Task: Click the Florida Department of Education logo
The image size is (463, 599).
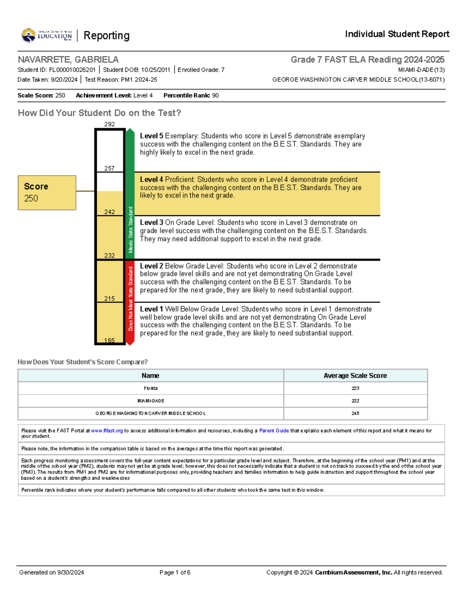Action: [47, 35]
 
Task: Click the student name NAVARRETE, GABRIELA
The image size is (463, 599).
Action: [68, 60]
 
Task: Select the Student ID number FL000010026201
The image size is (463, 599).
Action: [72, 70]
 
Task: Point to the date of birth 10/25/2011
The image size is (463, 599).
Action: [155, 70]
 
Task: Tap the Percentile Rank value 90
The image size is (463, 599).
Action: [215, 95]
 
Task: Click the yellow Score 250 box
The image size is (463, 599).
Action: [47, 192]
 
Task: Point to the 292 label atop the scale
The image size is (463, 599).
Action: [110, 124]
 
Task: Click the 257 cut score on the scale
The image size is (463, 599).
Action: [110, 168]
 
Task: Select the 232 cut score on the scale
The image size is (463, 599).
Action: [110, 255]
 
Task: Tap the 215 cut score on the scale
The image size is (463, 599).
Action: [110, 299]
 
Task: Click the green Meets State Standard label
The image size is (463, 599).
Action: [130, 229]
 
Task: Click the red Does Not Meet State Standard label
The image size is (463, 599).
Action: [130, 298]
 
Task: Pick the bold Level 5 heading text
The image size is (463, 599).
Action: [151, 136]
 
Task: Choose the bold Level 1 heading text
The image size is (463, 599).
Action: [151, 309]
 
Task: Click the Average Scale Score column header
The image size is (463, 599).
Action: [355, 376]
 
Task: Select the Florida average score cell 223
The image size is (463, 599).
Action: [355, 388]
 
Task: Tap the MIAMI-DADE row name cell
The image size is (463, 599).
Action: [150, 401]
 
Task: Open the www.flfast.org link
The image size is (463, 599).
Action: [107, 430]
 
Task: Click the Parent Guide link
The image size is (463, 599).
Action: [274, 430]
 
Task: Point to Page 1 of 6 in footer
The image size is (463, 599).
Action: [175, 572]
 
